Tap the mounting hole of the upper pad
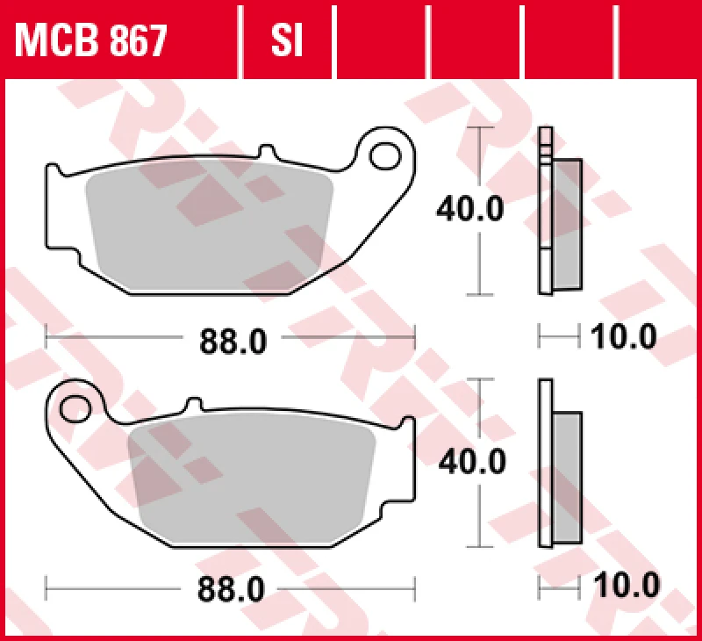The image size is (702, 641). (x=383, y=156)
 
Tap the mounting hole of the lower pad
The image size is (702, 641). (x=76, y=408)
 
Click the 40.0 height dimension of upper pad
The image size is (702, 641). (x=471, y=210)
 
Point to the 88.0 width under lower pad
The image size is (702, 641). (x=233, y=589)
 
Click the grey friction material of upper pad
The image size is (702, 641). (x=211, y=224)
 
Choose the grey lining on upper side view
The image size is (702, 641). (x=567, y=224)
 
